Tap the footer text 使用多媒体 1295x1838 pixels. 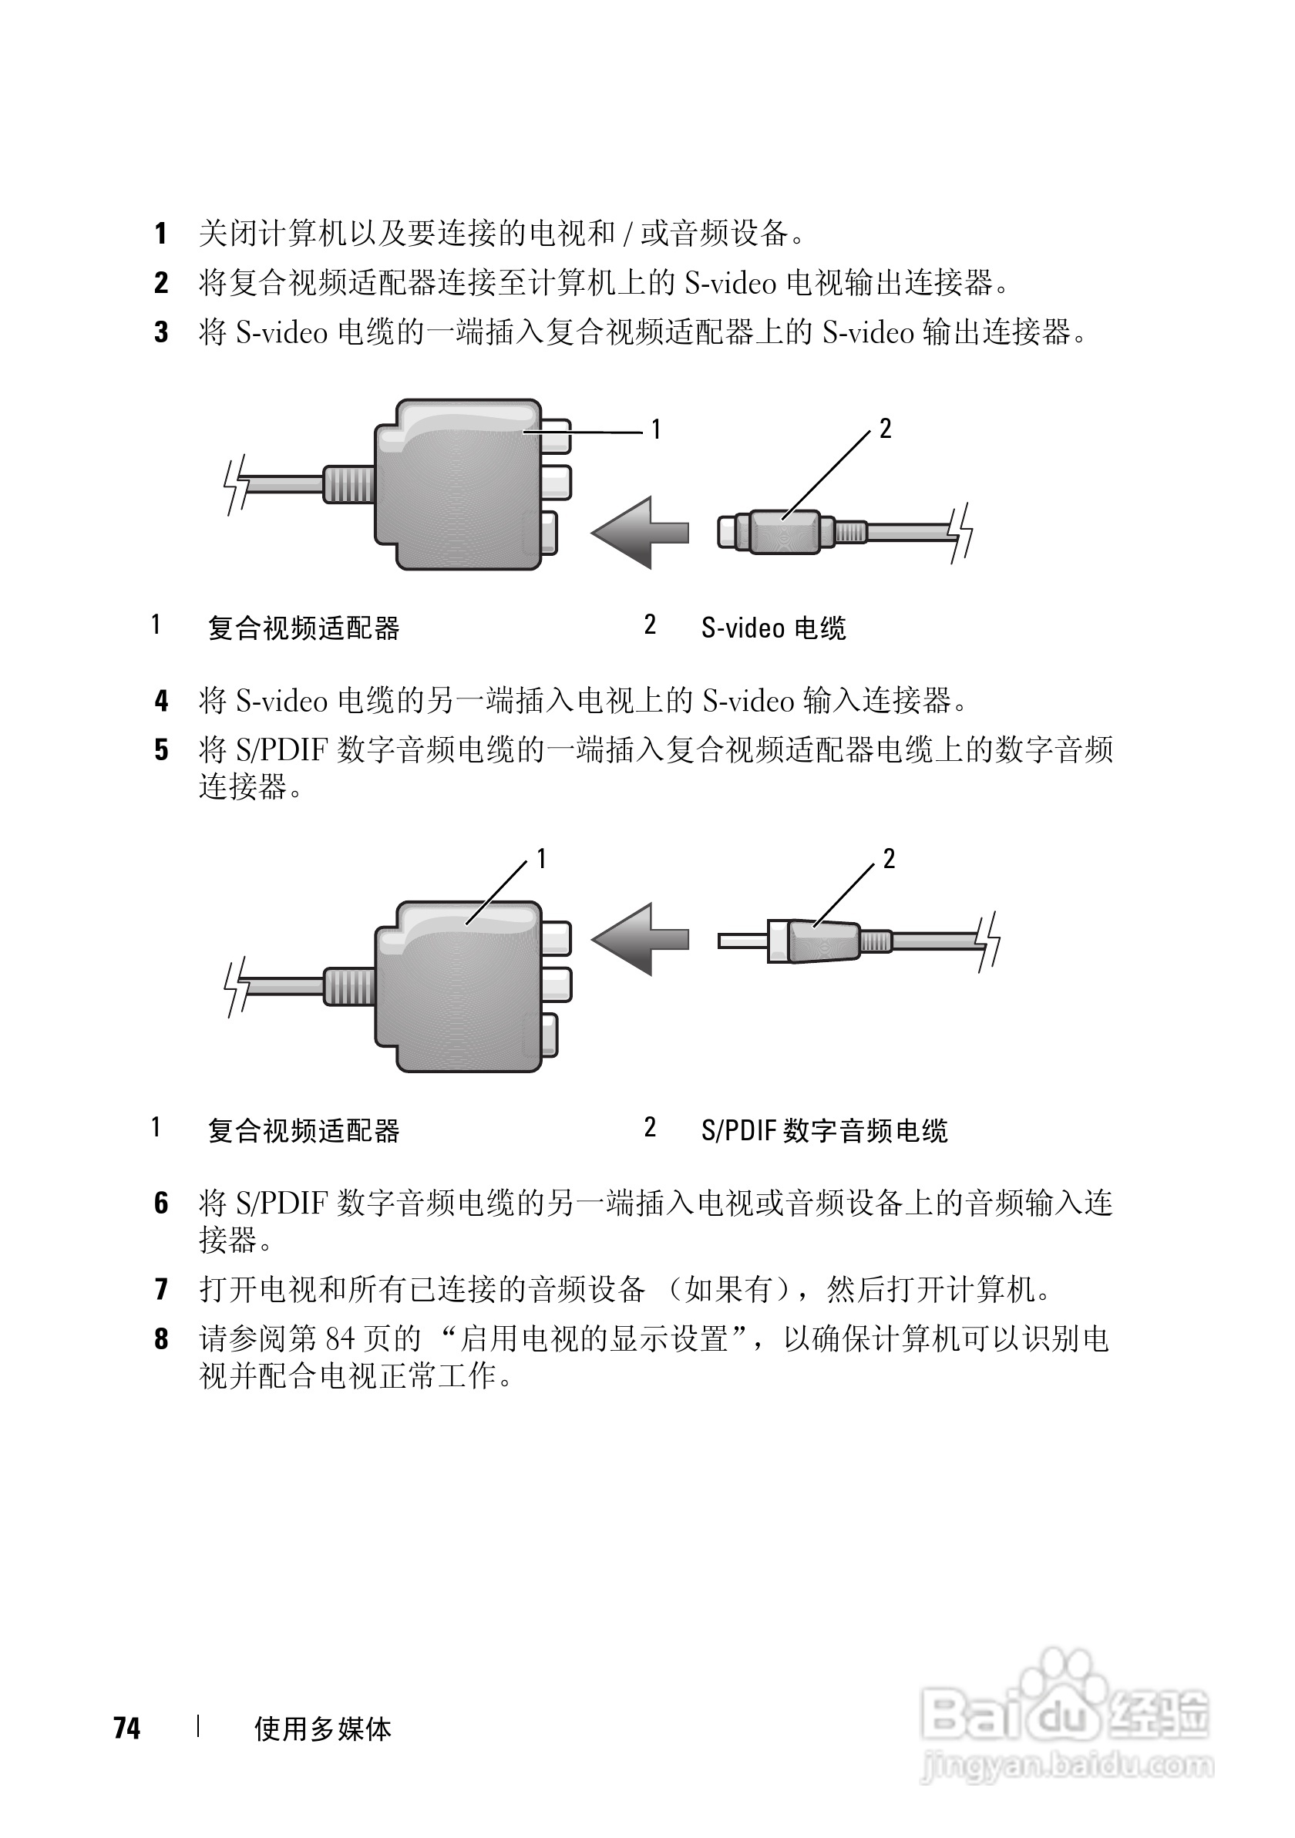coord(322,1729)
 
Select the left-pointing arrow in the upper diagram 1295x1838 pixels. coord(641,532)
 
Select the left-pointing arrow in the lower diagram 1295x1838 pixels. coord(641,939)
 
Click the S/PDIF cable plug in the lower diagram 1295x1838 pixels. coord(820,941)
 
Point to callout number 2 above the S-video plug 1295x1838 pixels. coord(885,429)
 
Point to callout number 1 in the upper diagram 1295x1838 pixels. coord(655,430)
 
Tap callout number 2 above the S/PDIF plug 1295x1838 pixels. coord(889,859)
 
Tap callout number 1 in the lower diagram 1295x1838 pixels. coord(541,859)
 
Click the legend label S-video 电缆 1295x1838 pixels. coord(773,628)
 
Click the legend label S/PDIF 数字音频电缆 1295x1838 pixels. coord(823,1130)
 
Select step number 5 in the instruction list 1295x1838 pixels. coord(162,750)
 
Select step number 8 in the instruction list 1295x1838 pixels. coord(162,1338)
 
